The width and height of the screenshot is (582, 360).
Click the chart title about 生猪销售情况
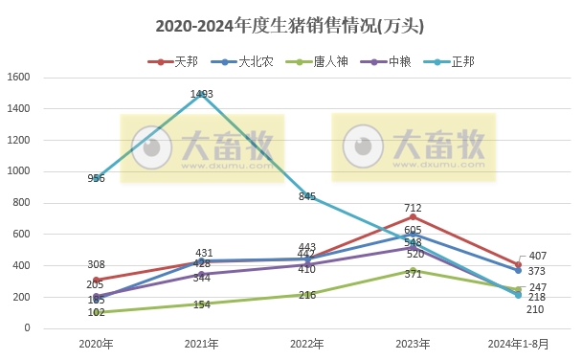tap(288, 26)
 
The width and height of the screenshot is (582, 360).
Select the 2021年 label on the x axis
tap(201, 344)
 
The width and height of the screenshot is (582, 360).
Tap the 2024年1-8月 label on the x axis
tap(518, 344)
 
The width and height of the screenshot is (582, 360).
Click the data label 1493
tap(201, 94)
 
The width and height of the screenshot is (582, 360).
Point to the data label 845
tap(307, 196)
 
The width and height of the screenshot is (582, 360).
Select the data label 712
tap(413, 207)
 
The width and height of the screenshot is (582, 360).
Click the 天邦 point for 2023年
tap(413, 216)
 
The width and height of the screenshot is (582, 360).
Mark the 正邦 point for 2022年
tap(307, 196)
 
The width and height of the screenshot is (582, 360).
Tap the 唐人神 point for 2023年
tap(413, 270)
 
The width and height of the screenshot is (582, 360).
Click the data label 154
tap(201, 304)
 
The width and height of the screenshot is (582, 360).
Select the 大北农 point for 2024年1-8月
tap(518, 270)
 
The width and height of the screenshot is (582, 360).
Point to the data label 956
tap(96, 178)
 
